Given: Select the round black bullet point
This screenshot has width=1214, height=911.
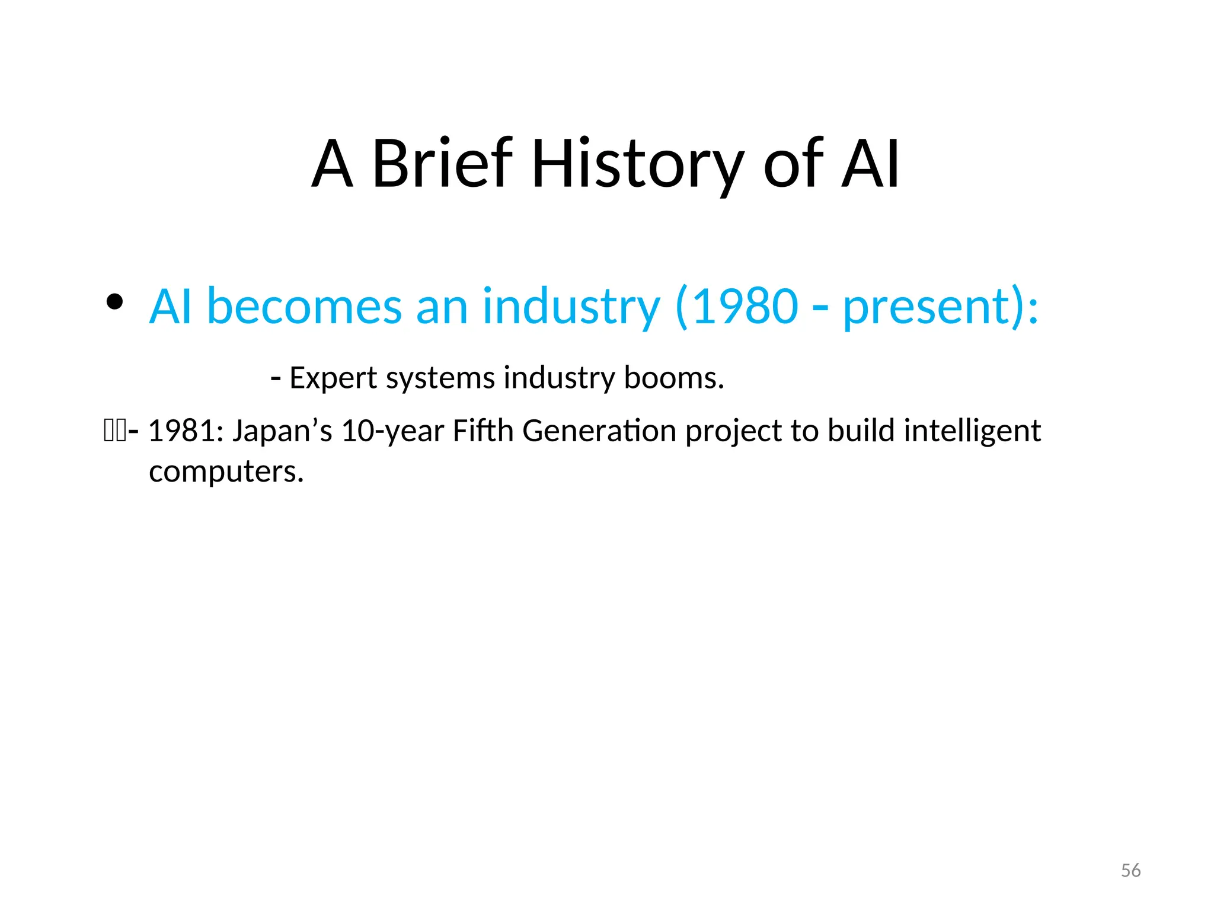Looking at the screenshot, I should (x=114, y=302).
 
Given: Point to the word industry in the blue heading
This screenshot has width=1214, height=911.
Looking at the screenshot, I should (x=570, y=307).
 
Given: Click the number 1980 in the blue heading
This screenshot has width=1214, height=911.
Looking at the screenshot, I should (x=745, y=307).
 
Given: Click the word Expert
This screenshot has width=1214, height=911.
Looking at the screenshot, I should (x=333, y=378).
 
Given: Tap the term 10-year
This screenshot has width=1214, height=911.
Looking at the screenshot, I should (x=392, y=432).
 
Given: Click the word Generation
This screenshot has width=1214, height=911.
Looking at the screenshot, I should (x=599, y=431).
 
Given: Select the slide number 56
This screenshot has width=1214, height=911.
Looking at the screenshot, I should (x=1130, y=871).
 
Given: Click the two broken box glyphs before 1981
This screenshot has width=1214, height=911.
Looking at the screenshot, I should (x=114, y=431).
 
